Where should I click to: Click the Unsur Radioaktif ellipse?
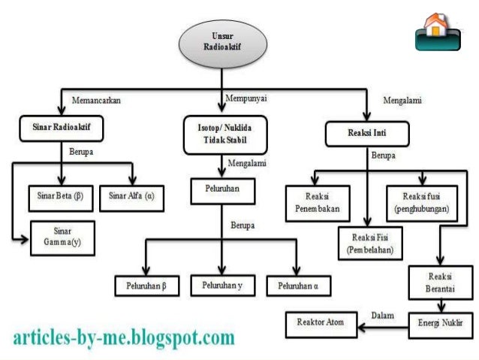click(x=222, y=41)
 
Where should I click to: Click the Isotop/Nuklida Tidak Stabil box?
click(x=222, y=133)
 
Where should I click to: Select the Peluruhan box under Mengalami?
click(x=221, y=191)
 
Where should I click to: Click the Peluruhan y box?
click(x=222, y=286)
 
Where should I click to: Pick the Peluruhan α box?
click(x=298, y=286)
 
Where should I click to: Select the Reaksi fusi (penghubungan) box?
click(x=420, y=200)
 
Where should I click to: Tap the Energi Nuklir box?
click(x=439, y=324)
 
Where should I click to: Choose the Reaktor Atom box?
click(x=320, y=324)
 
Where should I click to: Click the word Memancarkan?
click(x=96, y=99)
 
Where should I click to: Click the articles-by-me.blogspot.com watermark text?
click(x=124, y=337)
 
